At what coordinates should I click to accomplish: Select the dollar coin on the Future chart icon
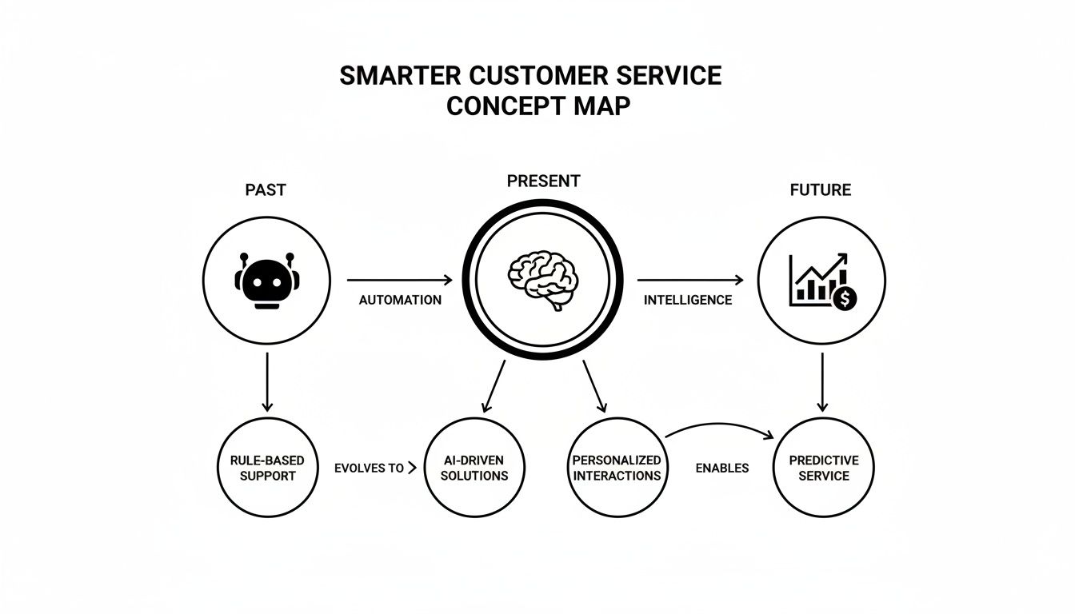pyautogui.click(x=845, y=298)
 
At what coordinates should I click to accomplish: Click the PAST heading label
pyautogui.click(x=266, y=190)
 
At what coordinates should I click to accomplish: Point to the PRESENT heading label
pyautogui.click(x=543, y=181)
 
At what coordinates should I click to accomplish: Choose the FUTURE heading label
pyautogui.click(x=820, y=190)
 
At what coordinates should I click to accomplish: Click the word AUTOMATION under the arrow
pyautogui.click(x=400, y=301)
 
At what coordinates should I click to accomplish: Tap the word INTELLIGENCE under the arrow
pyautogui.click(x=688, y=301)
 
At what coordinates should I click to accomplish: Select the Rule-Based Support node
pyautogui.click(x=266, y=468)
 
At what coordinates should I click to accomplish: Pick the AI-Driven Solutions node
pyautogui.click(x=475, y=468)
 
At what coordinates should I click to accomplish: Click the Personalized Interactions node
pyautogui.click(x=617, y=468)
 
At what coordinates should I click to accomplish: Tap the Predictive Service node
pyautogui.click(x=823, y=468)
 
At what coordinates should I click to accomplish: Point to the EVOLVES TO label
pyautogui.click(x=370, y=468)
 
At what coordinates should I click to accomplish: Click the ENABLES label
pyautogui.click(x=722, y=468)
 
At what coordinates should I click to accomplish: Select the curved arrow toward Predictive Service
pyautogui.click(x=720, y=427)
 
